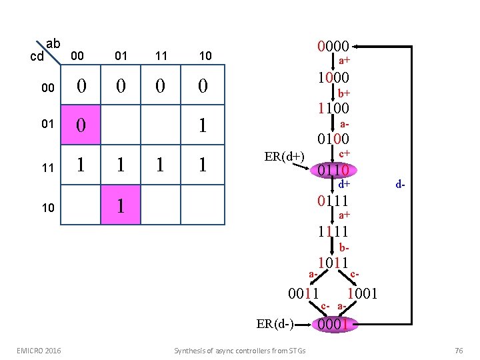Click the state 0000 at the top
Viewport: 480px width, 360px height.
(x=333, y=46)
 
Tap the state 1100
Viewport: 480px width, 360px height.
(x=333, y=108)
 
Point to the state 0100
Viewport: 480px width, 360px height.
(x=333, y=139)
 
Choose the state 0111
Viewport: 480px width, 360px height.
(x=333, y=201)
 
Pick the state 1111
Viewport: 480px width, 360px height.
(x=333, y=231)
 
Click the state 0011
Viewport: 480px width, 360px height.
(x=303, y=293)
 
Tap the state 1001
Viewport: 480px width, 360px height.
(x=363, y=293)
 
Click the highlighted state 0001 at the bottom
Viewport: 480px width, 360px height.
(x=335, y=324)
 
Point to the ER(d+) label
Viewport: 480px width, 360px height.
(x=284, y=157)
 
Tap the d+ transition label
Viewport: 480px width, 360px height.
(x=344, y=183)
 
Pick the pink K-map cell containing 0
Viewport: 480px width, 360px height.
(x=81, y=125)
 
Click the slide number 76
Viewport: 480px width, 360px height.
(x=458, y=351)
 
